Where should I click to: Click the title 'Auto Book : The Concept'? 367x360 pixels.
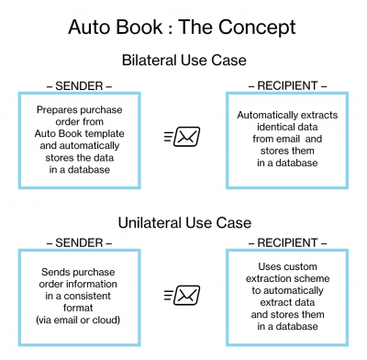pyautogui.click(x=182, y=27)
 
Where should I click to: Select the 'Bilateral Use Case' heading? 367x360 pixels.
pyautogui.click(x=184, y=60)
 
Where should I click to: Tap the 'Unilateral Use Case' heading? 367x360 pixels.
pyautogui.click(x=184, y=222)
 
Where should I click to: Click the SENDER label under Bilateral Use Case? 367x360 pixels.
pyautogui.click(x=79, y=86)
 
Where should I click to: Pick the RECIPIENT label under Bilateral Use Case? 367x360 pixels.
pyautogui.click(x=287, y=85)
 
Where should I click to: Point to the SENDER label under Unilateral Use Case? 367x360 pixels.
pyautogui.click(x=79, y=243)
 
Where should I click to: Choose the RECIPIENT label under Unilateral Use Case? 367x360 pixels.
pyautogui.click(x=287, y=243)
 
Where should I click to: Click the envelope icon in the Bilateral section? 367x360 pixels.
pyautogui.click(x=183, y=136)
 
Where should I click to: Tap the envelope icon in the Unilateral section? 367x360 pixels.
pyautogui.click(x=183, y=295)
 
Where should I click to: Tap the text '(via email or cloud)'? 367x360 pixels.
pyautogui.click(x=78, y=320)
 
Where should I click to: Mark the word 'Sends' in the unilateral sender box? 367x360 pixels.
pyautogui.click(x=52, y=272)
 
